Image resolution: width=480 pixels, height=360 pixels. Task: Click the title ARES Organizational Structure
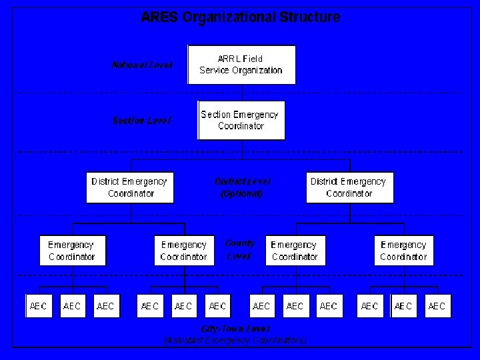coord(240,17)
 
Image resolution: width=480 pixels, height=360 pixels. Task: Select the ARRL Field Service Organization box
coord(241,65)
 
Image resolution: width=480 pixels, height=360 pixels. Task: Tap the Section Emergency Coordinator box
coord(241,120)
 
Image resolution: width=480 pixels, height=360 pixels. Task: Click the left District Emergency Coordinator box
coord(130,187)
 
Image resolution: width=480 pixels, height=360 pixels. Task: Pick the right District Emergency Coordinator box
coord(349,187)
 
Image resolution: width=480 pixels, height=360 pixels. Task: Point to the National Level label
coord(142,65)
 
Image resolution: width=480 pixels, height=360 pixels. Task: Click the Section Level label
coord(141,121)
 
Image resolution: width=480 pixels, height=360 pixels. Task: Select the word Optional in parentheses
coord(241,194)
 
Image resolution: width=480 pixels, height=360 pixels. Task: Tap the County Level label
coord(239,249)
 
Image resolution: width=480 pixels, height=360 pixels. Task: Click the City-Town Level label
coord(235,329)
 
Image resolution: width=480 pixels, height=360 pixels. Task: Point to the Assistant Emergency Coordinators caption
coord(235,340)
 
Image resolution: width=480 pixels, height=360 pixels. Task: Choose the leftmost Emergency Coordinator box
coord(72,251)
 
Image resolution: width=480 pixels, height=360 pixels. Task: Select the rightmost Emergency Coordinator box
coord(403,251)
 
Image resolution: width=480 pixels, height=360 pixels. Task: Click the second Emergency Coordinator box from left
coord(184,251)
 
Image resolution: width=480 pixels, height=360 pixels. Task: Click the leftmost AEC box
coord(39,306)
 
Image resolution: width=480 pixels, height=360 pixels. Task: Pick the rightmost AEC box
coord(437,306)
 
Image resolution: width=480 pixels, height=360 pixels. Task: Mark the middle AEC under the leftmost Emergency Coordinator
coord(72,306)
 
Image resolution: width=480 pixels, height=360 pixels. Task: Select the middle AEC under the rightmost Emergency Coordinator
coord(403,306)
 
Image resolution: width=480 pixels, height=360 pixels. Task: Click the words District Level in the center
coord(242,181)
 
